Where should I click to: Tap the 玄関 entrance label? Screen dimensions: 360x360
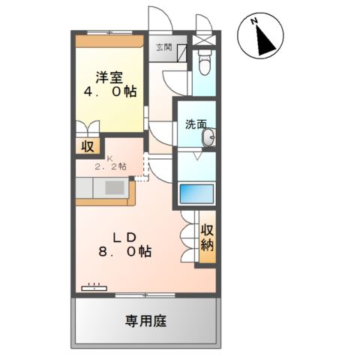tap(163, 47)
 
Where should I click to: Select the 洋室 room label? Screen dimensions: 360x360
tap(109, 76)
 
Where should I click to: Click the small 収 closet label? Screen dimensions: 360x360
tap(87, 144)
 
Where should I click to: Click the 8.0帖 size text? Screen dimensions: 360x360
tap(124, 253)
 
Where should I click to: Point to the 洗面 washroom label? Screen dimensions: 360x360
tap(196, 124)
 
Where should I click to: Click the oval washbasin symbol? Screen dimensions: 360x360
tap(210, 137)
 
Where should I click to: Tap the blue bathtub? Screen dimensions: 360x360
tap(196, 194)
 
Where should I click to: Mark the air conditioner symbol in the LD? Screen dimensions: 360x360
tap(94, 286)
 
